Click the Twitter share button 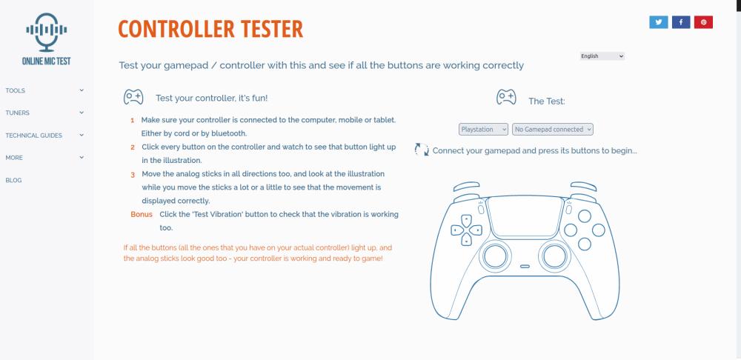coord(658,22)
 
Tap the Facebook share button coord(681,22)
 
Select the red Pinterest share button coord(703,22)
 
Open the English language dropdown coord(602,56)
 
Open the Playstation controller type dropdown coord(483,129)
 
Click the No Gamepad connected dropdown coord(553,129)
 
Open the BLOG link coord(13,180)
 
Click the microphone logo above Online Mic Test coord(46,32)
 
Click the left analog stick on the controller coord(495,256)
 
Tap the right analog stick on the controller coord(554,256)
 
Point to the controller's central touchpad coord(525,216)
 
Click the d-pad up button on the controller coord(466,220)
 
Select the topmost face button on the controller coord(585,216)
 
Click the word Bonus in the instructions coord(142,215)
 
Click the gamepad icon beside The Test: coord(506,97)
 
